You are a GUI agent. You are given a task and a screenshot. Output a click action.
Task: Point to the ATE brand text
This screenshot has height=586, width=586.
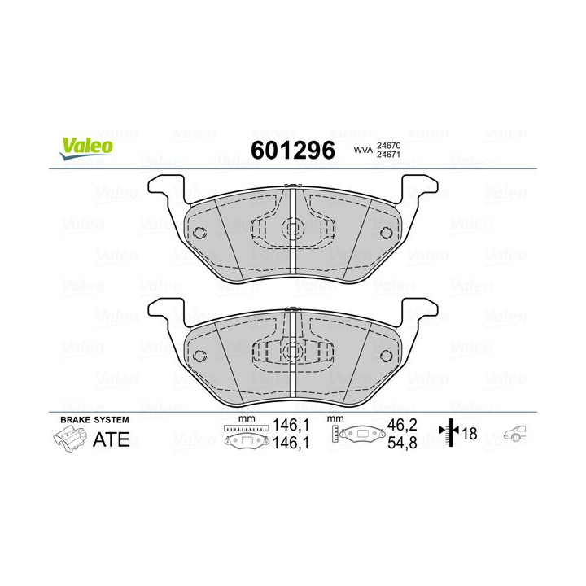click(x=111, y=439)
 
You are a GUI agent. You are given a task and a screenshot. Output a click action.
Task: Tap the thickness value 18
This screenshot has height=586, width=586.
click(x=470, y=434)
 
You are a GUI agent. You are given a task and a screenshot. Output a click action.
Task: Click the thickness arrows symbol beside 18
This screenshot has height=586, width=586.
click(x=449, y=434)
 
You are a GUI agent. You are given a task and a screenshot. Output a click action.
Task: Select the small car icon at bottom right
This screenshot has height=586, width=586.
click(x=516, y=434)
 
